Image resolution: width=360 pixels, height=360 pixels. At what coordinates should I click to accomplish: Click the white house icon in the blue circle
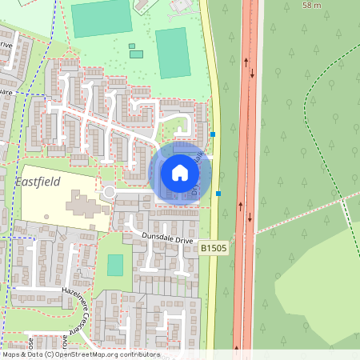(180, 172)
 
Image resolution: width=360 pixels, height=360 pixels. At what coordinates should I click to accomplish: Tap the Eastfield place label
(38, 182)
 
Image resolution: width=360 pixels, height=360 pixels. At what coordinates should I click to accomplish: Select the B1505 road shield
(212, 249)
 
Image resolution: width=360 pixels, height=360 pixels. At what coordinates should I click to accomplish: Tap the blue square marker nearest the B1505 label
(218, 193)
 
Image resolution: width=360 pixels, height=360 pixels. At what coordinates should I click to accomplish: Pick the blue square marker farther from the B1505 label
(213, 134)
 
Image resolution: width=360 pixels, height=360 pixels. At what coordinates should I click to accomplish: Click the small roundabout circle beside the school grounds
(108, 192)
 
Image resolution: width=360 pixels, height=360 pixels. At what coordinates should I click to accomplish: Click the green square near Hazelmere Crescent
(116, 265)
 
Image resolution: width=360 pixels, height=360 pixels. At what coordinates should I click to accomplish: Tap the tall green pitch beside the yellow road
(170, 53)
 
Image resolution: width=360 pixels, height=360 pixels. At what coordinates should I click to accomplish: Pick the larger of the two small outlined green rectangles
(136, 54)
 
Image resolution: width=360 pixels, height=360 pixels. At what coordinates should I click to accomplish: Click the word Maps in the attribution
(10, 354)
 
